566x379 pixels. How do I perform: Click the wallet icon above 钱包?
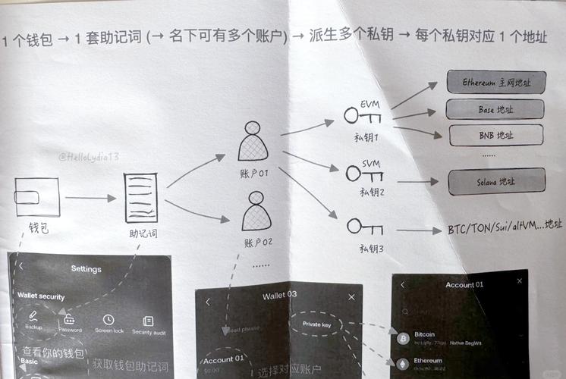click(x=37, y=197)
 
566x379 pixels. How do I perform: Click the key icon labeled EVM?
click(x=363, y=115)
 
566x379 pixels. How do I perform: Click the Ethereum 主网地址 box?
click(x=495, y=82)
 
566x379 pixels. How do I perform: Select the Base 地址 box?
click(x=495, y=109)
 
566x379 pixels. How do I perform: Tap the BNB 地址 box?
click(x=497, y=136)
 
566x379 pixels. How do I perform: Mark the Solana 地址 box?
click(x=496, y=182)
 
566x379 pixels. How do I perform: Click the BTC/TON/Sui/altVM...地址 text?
click(x=505, y=226)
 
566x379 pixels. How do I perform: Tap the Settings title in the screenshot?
click(x=86, y=268)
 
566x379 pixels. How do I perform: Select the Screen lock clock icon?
click(x=108, y=320)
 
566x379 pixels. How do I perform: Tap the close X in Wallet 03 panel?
click(x=351, y=297)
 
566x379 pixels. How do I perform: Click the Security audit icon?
click(x=148, y=321)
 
